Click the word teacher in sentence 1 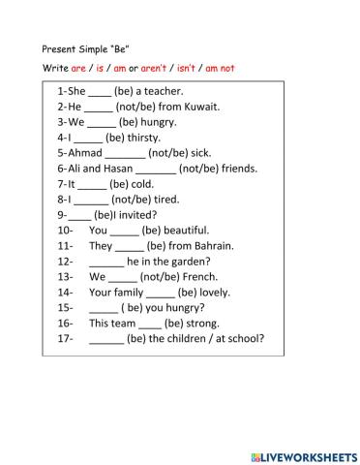[166, 90]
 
